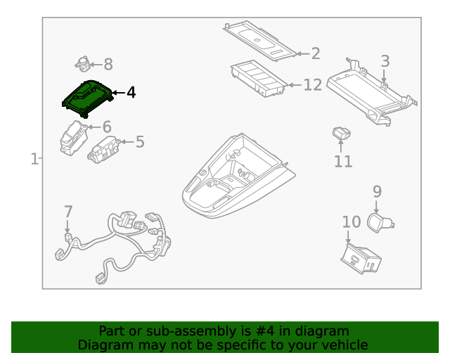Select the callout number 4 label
[131, 93]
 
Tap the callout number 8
[108, 65]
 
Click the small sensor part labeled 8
[83, 64]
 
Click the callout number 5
[140, 142]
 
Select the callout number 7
[68, 212]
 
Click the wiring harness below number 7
[120, 243]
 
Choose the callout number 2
[316, 53]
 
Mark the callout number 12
[312, 85]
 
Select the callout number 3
[385, 61]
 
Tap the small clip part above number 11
[342, 133]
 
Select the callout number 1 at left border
[34, 160]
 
